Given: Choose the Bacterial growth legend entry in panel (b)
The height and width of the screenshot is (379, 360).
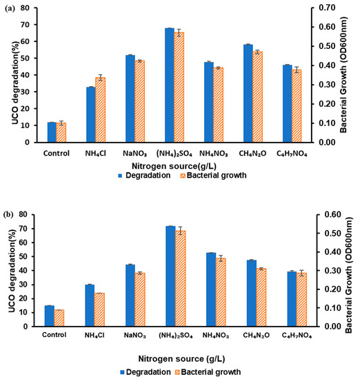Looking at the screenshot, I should (212, 371).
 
